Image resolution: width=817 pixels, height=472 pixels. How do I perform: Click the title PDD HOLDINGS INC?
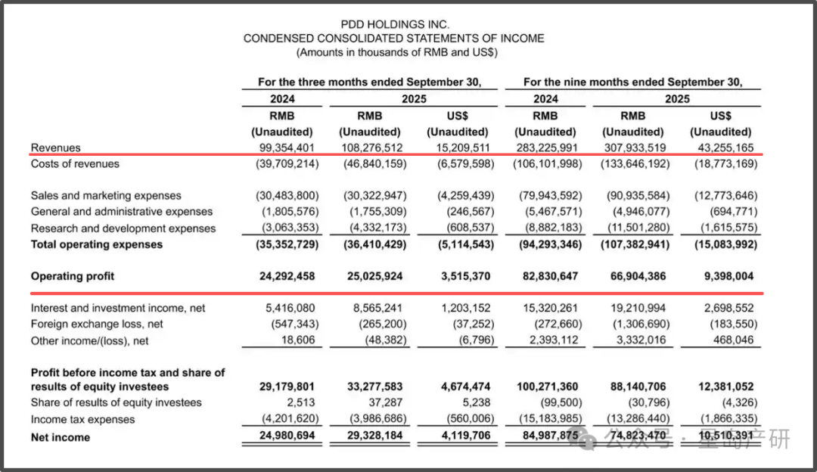393,24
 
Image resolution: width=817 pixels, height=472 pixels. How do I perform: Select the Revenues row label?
55,147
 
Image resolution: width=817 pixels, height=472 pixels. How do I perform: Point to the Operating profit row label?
73,276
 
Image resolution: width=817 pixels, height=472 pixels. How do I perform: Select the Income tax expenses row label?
82,419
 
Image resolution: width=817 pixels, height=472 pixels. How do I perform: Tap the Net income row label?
60,437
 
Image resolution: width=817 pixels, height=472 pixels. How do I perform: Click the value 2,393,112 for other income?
549,340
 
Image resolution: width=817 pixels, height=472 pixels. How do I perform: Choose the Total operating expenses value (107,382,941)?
632,244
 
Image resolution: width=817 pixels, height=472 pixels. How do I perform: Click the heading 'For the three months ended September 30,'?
369,82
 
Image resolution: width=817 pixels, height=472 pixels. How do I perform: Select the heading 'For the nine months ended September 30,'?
632,82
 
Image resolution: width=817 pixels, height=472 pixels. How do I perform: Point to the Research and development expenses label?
123,228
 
